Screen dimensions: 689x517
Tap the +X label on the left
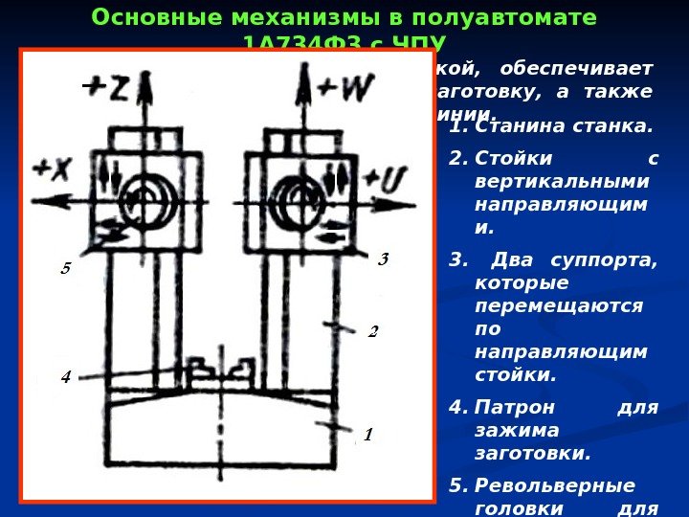53,169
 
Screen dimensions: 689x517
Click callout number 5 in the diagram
65,270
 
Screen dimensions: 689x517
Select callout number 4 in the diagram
65,377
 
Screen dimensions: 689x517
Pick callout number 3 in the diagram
383,259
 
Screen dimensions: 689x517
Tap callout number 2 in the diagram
373,332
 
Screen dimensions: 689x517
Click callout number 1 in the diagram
367,435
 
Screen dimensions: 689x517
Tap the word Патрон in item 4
507,408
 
